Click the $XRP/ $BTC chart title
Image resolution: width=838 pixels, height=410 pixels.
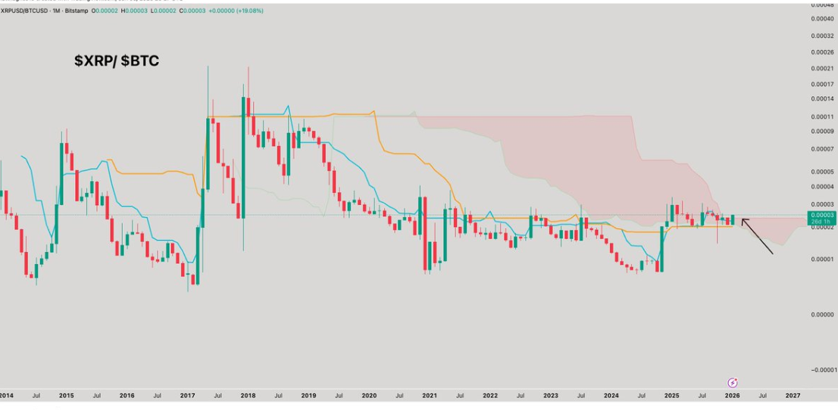[117, 61]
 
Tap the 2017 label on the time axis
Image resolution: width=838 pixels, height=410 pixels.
[187, 396]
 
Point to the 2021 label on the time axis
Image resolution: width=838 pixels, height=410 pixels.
[430, 396]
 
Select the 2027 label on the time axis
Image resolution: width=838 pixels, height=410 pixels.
[793, 396]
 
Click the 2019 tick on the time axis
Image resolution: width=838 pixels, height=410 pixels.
[308, 396]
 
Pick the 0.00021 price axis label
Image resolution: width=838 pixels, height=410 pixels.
[822, 68]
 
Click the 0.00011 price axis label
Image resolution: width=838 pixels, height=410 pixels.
[822, 116]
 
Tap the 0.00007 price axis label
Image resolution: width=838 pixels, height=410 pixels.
[822, 149]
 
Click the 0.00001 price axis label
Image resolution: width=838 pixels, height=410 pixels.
[822, 259]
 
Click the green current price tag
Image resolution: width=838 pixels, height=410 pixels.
[822, 218]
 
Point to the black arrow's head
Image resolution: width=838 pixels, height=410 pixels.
[743, 220]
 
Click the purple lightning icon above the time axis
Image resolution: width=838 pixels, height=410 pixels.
[733, 383]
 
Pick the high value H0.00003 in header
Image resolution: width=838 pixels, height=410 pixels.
[135, 11]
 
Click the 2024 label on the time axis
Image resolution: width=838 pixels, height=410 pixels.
[611, 396]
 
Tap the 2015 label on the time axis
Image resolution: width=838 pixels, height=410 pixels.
[66, 396]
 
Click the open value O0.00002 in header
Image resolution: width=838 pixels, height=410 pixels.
[106, 11]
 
